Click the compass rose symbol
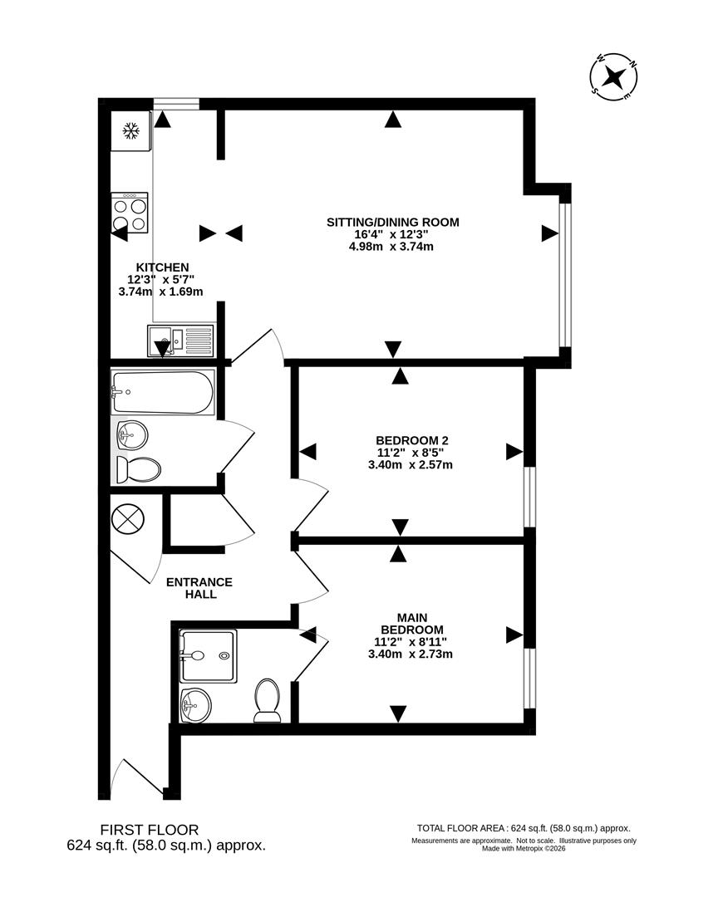pyautogui.click(x=613, y=77)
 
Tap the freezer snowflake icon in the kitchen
pyautogui.click(x=130, y=130)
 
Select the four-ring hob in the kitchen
pyautogui.click(x=130, y=213)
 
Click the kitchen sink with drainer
pyautogui.click(x=181, y=341)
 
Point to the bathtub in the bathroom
pyautogui.click(x=163, y=392)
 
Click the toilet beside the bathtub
pyautogui.click(x=138, y=469)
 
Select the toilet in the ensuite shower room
pyautogui.click(x=268, y=699)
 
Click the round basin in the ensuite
pyautogui.click(x=196, y=706)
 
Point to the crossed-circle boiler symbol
pyautogui.click(x=127, y=521)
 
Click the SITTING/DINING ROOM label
pyautogui.click(x=392, y=222)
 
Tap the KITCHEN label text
pyautogui.click(x=169, y=267)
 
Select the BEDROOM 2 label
pyautogui.click(x=412, y=439)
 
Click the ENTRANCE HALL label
pyautogui.click(x=199, y=588)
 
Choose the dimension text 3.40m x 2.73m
pyautogui.click(x=410, y=654)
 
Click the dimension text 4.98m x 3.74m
pyautogui.click(x=392, y=246)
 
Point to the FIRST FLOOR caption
pyautogui.click(x=150, y=829)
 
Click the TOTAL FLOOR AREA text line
pyautogui.click(x=524, y=828)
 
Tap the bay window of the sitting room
pyautogui.click(x=564, y=275)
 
